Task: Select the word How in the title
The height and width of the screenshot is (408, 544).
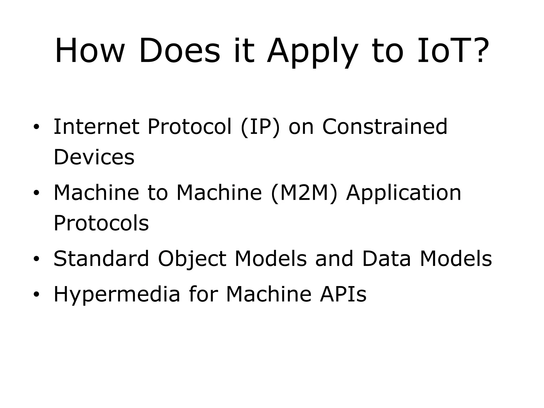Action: [x=90, y=51]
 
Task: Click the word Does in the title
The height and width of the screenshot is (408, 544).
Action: [x=180, y=51]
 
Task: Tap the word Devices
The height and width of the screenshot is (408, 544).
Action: [x=94, y=157]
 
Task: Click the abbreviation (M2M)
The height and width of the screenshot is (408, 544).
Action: [x=304, y=193]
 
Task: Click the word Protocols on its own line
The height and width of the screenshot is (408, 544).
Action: [x=101, y=223]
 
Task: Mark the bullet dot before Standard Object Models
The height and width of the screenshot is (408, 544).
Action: [x=36, y=259]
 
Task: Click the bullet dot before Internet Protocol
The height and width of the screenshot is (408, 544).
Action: [x=36, y=127]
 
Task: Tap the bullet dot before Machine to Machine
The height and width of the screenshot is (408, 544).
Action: [x=36, y=193]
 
